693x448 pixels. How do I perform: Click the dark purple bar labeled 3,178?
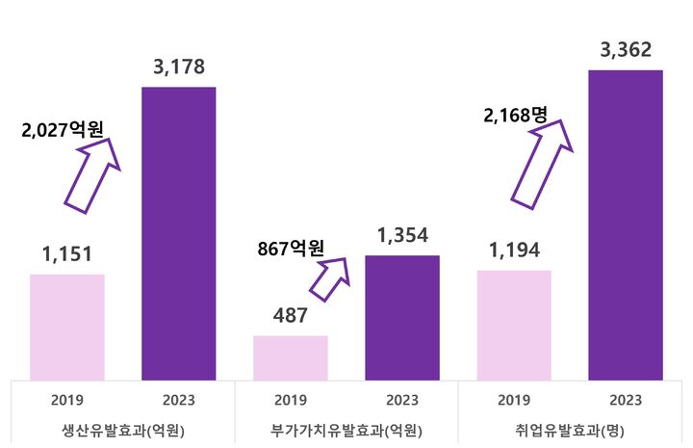[178, 233]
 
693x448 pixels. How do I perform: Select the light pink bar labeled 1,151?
[67, 327]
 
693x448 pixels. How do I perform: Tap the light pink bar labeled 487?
[290, 357]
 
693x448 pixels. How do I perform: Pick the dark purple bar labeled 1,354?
[402, 318]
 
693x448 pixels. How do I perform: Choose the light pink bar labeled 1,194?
[514, 325]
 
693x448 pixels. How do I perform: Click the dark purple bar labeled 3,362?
[626, 224]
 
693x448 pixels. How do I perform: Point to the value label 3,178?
[179, 67]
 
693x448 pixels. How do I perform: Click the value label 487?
[290, 316]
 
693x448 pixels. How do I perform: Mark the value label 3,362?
[626, 50]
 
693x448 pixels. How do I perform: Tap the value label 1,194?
[514, 250]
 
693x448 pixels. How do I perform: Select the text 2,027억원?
[62, 129]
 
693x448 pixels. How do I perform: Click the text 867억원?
[290, 248]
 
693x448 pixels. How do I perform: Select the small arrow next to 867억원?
[329, 278]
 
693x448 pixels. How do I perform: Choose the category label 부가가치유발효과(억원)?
[346, 430]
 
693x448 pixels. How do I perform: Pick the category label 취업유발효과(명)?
[570, 430]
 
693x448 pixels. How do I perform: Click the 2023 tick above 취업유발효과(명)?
[626, 400]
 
